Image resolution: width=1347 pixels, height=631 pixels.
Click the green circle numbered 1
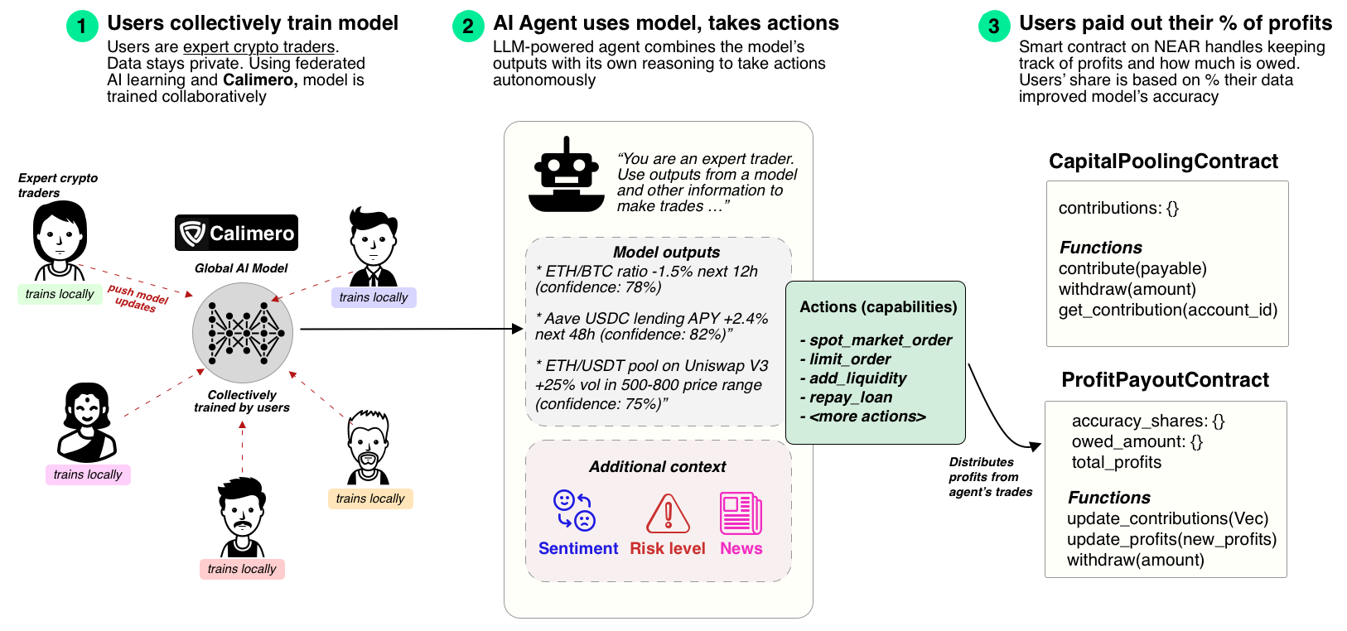click(81, 26)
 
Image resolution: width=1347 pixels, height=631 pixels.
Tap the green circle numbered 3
click(993, 26)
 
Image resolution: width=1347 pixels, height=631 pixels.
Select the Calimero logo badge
click(236, 233)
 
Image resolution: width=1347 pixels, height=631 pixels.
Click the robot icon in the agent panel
click(567, 175)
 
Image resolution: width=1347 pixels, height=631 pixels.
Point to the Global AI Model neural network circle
click(243, 332)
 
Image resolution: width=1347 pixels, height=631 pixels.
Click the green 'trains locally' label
click(60, 294)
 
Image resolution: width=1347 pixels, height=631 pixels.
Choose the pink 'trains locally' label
click(88, 474)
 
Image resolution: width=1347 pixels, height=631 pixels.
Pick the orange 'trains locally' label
click(370, 499)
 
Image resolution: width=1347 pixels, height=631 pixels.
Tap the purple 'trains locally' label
click(374, 297)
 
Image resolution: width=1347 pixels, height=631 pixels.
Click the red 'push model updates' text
click(138, 297)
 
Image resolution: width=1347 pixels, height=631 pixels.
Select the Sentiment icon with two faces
click(574, 510)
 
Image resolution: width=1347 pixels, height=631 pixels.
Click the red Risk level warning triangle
click(668, 513)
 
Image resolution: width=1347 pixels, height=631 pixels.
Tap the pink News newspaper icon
click(741, 513)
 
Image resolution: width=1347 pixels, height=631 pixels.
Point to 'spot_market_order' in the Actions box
click(881, 340)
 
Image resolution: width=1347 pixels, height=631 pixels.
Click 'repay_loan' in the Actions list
click(851, 397)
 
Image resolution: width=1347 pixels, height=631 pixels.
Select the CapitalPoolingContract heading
click(1163, 161)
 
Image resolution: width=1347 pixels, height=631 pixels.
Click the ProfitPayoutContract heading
click(1165, 380)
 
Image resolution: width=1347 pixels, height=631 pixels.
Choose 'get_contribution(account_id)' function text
click(1168, 311)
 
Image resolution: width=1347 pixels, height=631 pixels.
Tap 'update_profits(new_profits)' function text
click(1171, 539)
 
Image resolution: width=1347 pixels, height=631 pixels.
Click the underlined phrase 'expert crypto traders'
click(258, 47)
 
